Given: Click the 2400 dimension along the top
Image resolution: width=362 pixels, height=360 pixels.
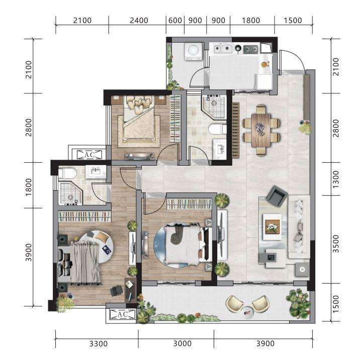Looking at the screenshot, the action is [139, 21].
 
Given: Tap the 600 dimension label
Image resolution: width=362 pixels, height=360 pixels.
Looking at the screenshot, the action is [175, 21].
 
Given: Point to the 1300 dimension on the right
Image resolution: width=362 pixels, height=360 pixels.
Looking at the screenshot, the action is [336, 179].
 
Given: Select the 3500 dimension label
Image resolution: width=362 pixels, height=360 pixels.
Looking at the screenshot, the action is [336, 244].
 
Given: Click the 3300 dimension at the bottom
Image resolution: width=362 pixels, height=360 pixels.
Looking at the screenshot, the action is [99, 343].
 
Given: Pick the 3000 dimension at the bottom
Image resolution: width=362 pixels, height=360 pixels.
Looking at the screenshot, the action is [183, 343].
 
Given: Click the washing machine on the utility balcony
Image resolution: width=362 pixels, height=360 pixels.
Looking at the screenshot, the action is [194, 52].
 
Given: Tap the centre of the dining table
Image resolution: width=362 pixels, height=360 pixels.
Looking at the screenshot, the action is [261, 131].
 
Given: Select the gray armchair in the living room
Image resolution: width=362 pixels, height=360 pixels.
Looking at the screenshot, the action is [277, 196].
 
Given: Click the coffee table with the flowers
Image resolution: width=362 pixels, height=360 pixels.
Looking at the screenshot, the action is [272, 227].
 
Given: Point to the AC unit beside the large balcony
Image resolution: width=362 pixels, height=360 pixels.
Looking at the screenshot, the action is [122, 314].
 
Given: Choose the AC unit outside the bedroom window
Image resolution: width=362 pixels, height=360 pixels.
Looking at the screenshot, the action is [89, 155].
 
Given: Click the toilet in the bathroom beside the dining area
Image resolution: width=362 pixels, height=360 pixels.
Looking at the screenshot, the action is [217, 129].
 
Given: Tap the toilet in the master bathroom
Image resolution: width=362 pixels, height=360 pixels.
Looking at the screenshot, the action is [67, 173].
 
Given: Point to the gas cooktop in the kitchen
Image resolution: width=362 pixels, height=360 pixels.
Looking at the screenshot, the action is [251, 49].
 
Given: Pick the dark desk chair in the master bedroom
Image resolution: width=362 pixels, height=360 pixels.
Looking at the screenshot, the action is [116, 291].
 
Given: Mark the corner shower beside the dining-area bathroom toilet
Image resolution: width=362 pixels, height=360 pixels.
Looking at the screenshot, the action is [215, 107].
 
